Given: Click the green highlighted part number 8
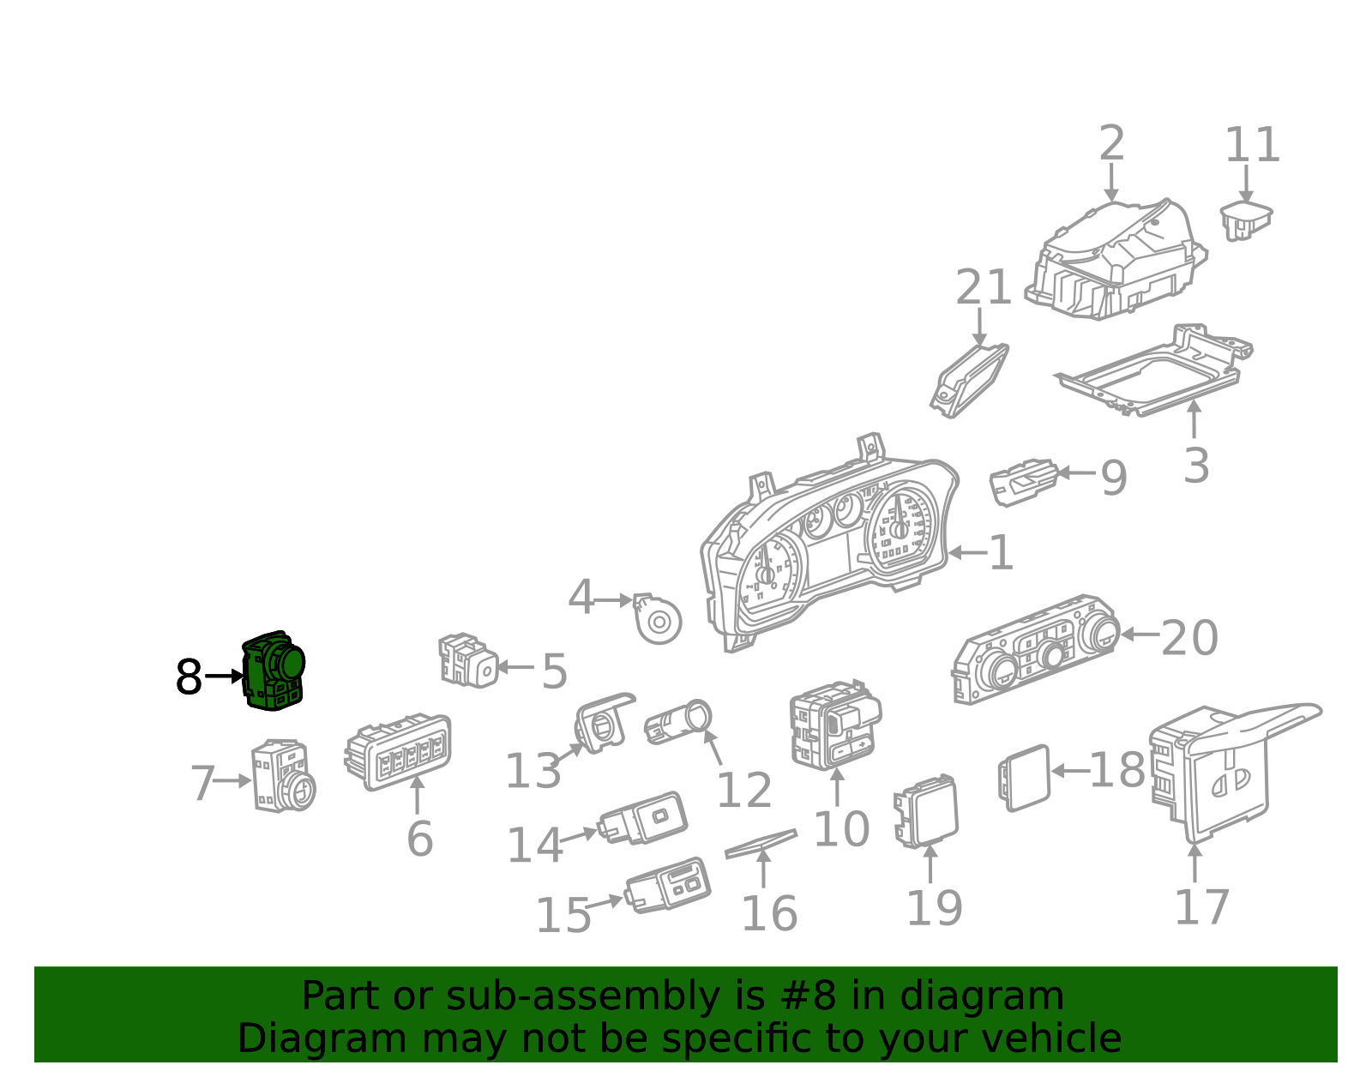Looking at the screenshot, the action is click(274, 671).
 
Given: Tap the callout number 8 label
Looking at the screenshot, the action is click(189, 677).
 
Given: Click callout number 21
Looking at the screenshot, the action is click(983, 286).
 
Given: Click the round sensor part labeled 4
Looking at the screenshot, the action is click(657, 618).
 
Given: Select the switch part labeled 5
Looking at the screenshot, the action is click(468, 661).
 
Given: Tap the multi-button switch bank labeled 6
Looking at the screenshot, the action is click(398, 752).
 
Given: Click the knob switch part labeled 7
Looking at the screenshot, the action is click(284, 776).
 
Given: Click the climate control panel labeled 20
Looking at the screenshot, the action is click(1036, 649).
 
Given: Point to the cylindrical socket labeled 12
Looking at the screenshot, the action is click(677, 723).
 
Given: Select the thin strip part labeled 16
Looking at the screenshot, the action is click(761, 844).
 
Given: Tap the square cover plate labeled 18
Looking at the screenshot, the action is click(1024, 778).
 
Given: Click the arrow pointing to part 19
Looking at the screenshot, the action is click(930, 863).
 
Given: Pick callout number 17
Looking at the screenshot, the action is click(1202, 907).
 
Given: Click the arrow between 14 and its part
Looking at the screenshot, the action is click(578, 836).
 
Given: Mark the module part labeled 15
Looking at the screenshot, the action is click(668, 886).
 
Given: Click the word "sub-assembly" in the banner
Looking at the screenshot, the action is click(582, 996).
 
